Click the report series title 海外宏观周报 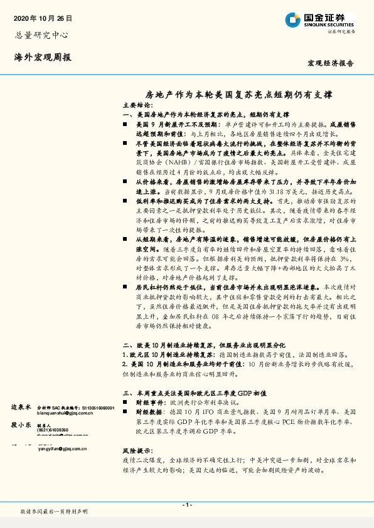click(43, 57)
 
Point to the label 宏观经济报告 click(331, 64)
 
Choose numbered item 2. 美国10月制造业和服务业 click(173, 364)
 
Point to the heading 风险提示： click(137, 450)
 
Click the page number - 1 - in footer click(186, 505)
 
